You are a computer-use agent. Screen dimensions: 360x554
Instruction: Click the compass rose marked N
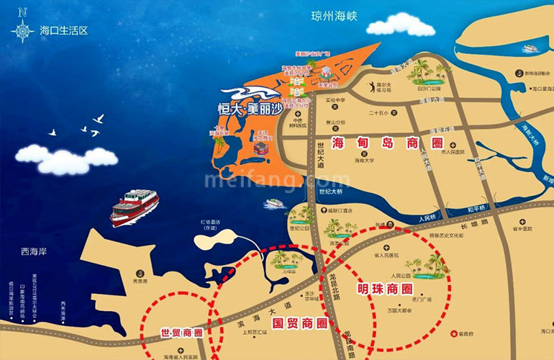coord(23,29)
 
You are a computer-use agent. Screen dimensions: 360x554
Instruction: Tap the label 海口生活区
coord(63,31)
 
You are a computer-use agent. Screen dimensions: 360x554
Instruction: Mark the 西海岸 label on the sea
coord(34,252)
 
